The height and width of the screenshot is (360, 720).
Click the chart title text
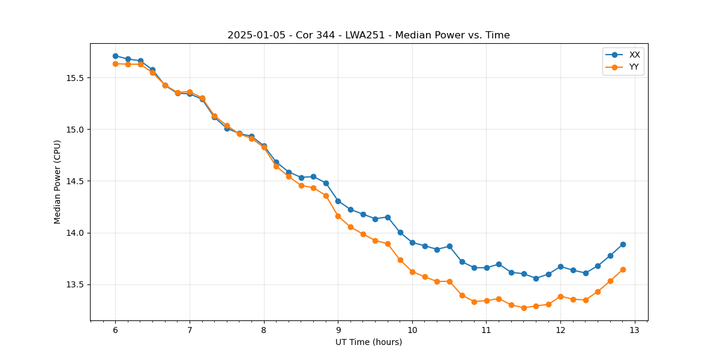[x=368, y=35]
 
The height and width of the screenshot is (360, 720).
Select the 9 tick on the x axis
[x=338, y=330]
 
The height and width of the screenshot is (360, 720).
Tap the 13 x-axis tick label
[x=635, y=330]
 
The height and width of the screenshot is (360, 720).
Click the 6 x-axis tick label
[x=115, y=330]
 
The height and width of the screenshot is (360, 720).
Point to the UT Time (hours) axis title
[x=368, y=342]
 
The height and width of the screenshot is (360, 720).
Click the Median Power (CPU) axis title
[x=58, y=182]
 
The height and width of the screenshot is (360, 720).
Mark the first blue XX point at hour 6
[x=115, y=56]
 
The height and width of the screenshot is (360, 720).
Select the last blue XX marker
[x=623, y=244]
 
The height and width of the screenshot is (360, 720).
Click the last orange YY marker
[x=623, y=269]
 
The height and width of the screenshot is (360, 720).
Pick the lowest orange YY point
[x=524, y=308]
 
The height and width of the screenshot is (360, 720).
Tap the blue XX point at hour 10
[x=412, y=242]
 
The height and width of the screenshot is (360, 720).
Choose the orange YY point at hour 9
[x=338, y=216]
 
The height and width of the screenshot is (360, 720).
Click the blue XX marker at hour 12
[x=560, y=266]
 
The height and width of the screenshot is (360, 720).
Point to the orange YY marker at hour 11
[x=487, y=301]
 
